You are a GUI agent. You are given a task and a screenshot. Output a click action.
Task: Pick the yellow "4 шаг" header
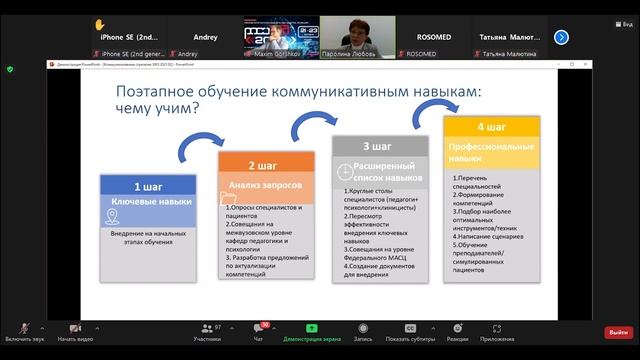492,127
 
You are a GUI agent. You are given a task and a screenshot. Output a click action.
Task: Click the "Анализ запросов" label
263,185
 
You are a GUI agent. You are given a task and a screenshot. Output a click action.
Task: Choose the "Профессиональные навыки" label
492,153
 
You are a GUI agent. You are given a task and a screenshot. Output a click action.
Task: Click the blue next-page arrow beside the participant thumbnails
561,37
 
